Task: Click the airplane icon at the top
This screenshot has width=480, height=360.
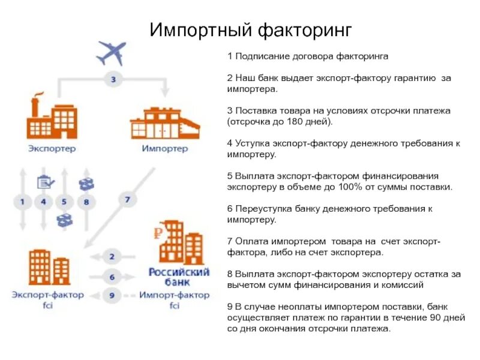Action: pos(111,53)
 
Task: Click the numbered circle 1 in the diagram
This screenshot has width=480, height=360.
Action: pos(22,202)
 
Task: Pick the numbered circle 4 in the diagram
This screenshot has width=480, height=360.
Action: pos(43,202)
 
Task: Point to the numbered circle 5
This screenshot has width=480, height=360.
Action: pos(64,202)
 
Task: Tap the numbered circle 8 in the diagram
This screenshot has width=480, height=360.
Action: pos(86,202)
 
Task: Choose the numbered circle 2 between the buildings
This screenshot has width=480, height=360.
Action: pos(112,257)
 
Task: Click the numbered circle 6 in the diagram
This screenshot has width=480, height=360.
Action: pos(112,277)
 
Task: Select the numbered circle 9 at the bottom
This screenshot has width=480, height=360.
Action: pos(112,295)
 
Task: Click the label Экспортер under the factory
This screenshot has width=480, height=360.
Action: pos(52,149)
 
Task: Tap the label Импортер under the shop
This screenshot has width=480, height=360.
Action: pos(164,149)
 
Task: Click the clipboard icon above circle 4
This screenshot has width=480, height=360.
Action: pos(44,181)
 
